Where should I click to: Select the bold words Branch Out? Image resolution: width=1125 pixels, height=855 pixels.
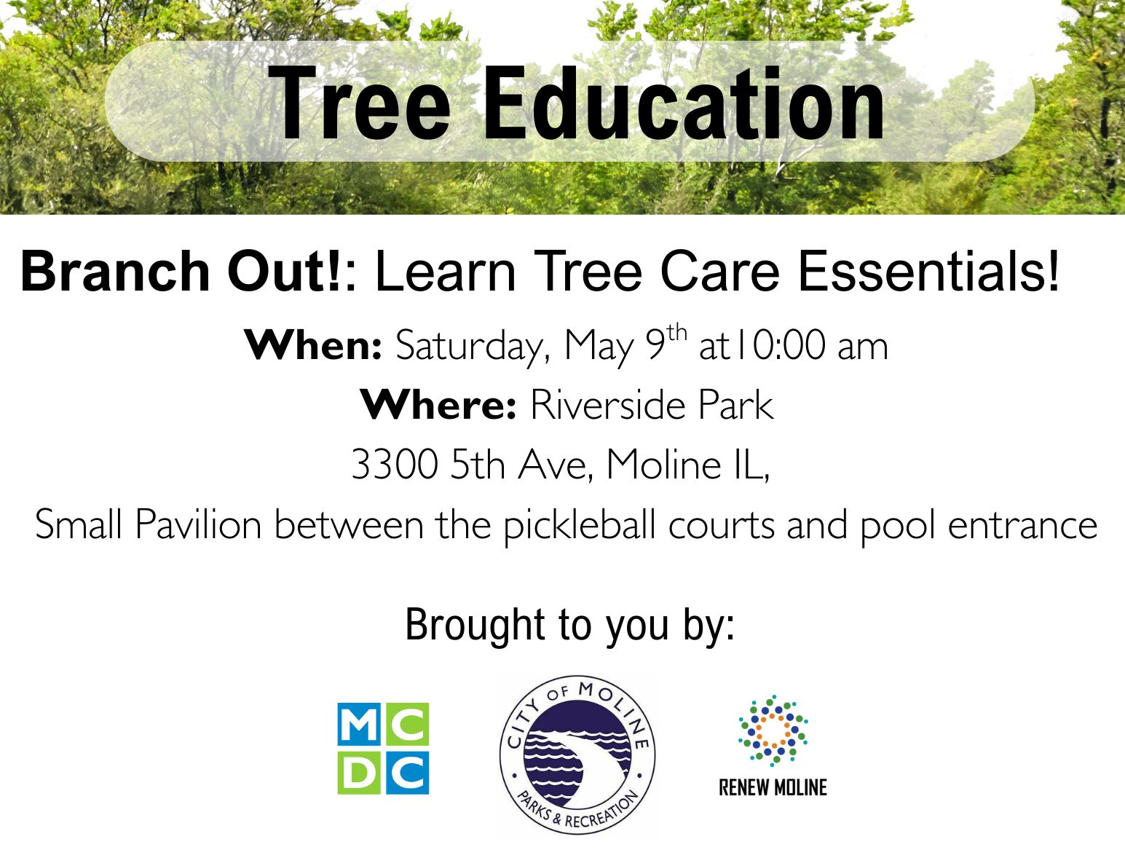click(x=181, y=272)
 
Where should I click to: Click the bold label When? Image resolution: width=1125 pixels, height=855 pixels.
click(x=313, y=345)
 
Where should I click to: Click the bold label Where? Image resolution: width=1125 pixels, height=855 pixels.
click(x=438, y=405)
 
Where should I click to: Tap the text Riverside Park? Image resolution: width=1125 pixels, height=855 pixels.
click(x=651, y=405)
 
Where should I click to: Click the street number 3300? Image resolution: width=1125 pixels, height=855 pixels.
click(x=394, y=465)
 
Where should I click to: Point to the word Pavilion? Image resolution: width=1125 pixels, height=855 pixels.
click(x=198, y=525)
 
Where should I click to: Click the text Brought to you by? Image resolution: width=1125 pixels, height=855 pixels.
click(x=569, y=626)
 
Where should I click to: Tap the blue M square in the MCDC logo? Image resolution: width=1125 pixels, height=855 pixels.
click(x=359, y=725)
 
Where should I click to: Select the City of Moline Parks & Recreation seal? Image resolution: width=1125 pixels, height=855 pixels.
click(x=577, y=754)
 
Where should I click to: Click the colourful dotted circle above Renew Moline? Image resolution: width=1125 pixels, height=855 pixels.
click(x=773, y=730)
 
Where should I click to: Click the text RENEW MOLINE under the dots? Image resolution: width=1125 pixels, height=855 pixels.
click(x=773, y=788)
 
